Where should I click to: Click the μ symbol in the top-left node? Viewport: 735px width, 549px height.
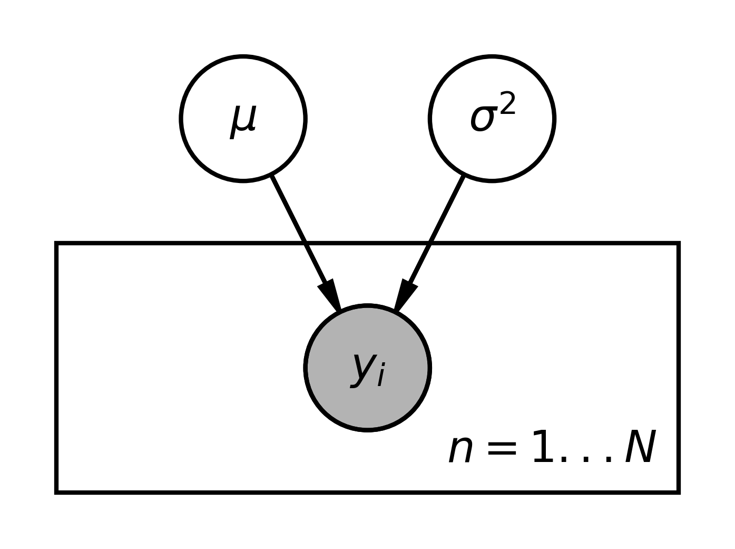(x=243, y=120)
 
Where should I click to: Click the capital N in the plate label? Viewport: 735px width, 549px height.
(x=640, y=447)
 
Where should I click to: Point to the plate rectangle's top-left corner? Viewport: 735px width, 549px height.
(x=56, y=244)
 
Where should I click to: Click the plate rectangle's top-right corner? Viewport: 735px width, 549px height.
(x=678, y=244)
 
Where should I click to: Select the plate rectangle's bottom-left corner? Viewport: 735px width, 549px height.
(x=56, y=492)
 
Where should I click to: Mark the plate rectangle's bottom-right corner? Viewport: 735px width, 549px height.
(x=678, y=492)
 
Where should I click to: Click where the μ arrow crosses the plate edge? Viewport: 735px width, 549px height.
(x=305, y=244)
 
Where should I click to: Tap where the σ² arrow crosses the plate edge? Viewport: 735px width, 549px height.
(x=430, y=244)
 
